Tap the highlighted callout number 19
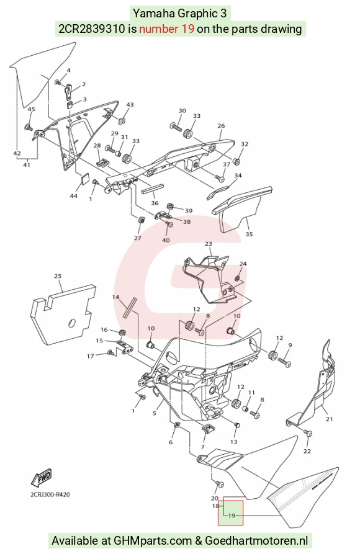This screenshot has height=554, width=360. coord(232,516)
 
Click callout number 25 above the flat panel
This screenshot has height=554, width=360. coord(58,276)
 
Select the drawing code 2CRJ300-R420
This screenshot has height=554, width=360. coord(50,494)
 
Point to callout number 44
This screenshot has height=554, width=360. coord(74,196)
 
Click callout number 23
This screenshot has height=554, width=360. coord(209,244)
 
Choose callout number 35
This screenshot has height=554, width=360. coord(249,234)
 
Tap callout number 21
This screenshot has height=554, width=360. coord(329,419)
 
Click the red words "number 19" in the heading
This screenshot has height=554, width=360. coord(166,29)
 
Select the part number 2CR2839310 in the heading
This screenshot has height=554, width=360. coord(92,29)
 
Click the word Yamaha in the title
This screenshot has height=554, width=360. coord(154,14)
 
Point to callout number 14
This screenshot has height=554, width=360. coord(115,297)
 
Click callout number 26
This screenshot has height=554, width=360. coord(221,126)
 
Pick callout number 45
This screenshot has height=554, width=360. coord(31,109)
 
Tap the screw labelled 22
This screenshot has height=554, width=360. coord(308,433)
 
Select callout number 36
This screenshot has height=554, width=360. coord(155,203)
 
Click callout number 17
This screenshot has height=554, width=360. coord(91,356)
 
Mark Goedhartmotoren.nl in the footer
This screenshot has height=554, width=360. coord(256,540)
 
